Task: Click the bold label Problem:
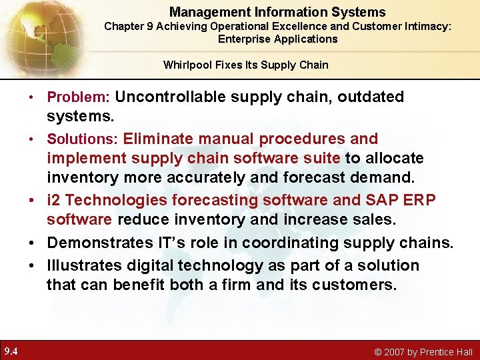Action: (78, 97)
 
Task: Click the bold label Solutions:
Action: (83, 139)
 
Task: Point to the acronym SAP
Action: (377, 201)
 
